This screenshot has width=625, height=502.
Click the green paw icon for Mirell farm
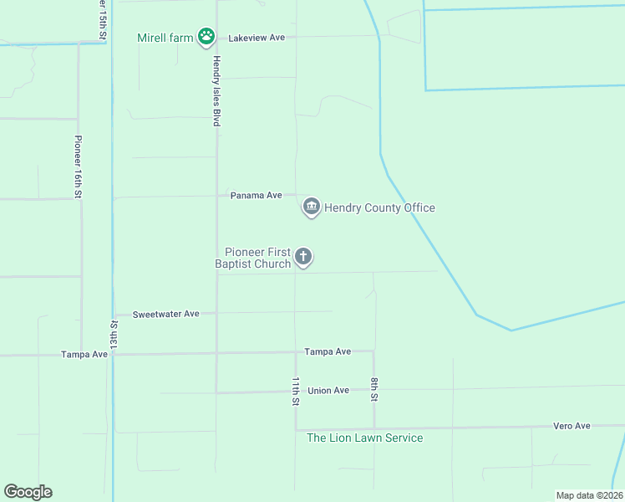tap(206, 37)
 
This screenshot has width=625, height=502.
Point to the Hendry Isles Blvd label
tap(216, 91)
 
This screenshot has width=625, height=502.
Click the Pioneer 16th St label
tap(78, 166)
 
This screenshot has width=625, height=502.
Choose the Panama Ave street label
tap(257, 195)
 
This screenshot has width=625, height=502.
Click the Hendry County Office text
tap(379, 207)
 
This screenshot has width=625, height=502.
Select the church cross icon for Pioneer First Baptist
tap(303, 257)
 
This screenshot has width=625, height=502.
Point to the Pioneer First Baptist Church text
tap(257, 258)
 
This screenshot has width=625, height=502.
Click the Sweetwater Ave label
tap(167, 314)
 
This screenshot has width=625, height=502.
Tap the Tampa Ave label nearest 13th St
tap(84, 354)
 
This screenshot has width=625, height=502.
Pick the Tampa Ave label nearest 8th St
tap(328, 351)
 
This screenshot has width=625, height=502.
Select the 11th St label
tap(295, 391)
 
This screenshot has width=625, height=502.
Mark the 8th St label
tap(374, 391)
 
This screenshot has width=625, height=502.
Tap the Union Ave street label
tap(328, 391)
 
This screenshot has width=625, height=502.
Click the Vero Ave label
tap(572, 426)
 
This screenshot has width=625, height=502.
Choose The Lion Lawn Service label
tap(364, 438)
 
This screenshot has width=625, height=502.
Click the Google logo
tap(28, 492)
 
